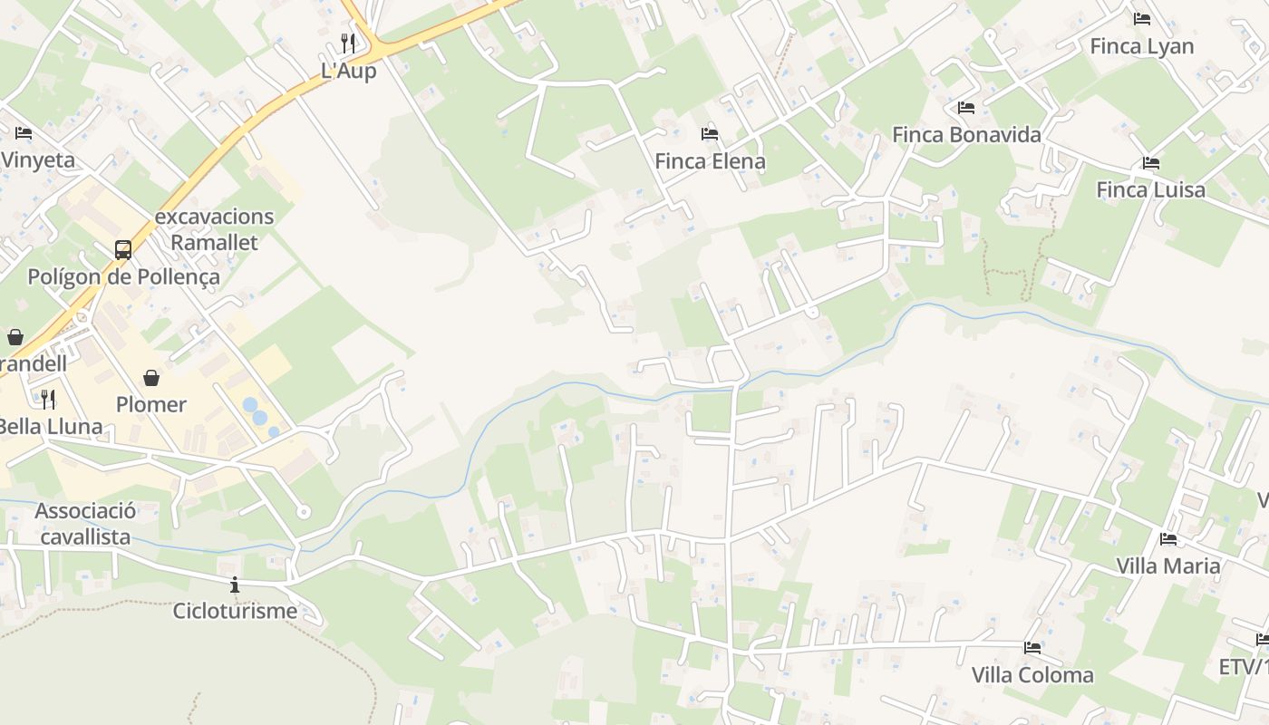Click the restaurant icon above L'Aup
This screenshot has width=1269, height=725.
click(348, 43)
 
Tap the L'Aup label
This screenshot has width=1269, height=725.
click(348, 71)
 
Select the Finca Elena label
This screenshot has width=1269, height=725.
click(710, 161)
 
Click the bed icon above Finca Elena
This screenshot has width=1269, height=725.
click(710, 134)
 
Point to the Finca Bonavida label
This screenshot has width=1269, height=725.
click(966, 135)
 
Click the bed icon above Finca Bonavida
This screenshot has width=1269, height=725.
click(966, 108)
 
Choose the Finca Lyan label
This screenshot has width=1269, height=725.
click(1141, 46)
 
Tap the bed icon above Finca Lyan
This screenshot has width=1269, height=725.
click(1141, 19)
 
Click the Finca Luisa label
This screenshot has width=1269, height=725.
click(1150, 189)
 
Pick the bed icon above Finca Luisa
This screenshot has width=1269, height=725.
click(1150, 163)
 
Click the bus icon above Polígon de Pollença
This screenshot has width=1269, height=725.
click(123, 249)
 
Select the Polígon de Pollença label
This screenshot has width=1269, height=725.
click(123, 276)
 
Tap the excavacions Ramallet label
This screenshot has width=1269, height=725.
click(214, 229)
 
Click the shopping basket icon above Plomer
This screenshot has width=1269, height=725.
click(151, 378)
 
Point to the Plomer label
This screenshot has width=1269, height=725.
click(151, 404)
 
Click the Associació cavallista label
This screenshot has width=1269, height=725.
click(85, 524)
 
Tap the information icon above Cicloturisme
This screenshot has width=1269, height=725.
click(235, 585)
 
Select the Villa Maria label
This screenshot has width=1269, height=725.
click(1167, 565)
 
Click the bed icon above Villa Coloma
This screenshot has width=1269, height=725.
click(1032, 648)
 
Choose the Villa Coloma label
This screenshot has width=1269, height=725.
click(1032, 675)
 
